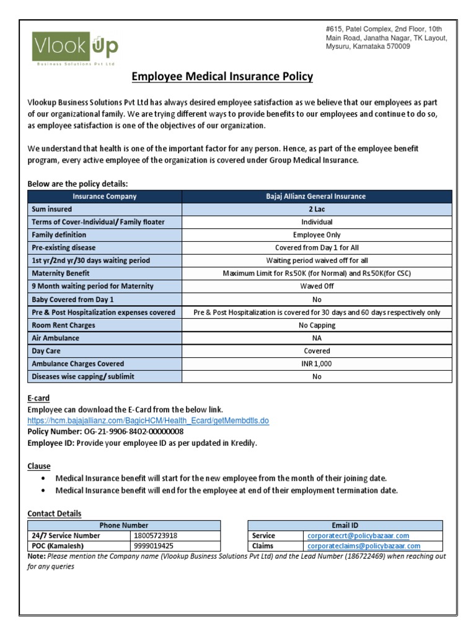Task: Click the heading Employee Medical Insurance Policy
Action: (x=223, y=77)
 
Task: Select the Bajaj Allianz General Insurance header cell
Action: (x=316, y=196)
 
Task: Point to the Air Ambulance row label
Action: (x=55, y=338)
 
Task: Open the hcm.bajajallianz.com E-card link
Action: (x=148, y=420)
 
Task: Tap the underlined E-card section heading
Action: (x=38, y=398)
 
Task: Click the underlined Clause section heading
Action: (x=39, y=466)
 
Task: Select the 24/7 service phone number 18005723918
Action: (x=154, y=536)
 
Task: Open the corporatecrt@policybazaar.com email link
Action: (x=358, y=536)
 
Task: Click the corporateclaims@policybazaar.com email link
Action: (x=363, y=546)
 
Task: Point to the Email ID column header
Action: (x=345, y=525)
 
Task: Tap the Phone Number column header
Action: (x=124, y=525)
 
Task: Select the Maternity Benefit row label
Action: (x=61, y=273)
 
